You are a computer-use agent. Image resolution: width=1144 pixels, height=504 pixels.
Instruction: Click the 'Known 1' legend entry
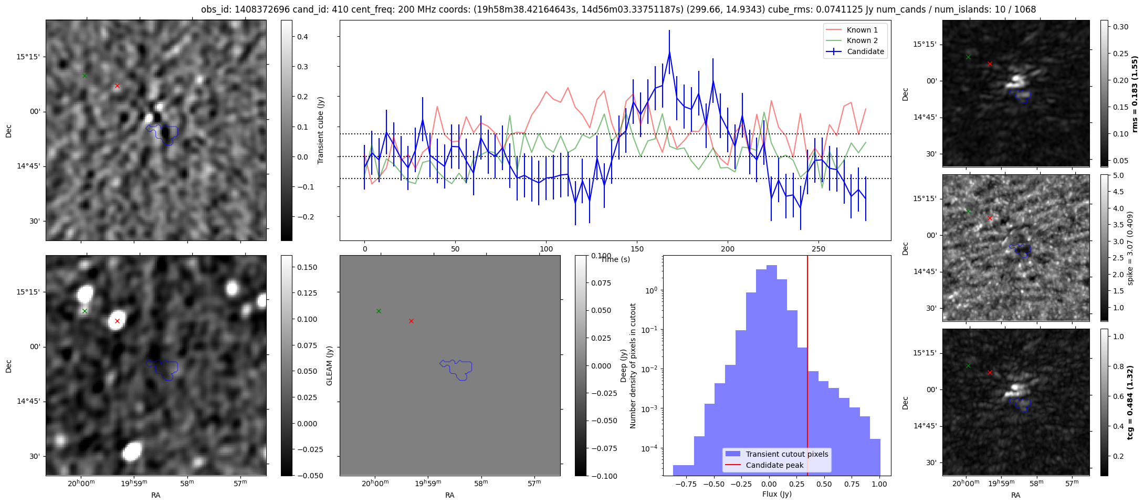[862, 30]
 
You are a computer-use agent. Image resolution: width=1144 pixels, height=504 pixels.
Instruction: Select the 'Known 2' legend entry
[862, 40]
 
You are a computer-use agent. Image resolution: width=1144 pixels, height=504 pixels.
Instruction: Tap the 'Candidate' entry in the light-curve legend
[865, 51]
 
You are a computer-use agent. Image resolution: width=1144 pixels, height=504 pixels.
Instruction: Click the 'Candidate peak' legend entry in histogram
[774, 465]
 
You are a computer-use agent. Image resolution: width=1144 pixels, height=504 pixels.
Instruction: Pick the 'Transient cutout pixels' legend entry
[786, 454]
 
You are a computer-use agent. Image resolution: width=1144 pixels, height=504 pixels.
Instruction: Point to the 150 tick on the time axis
[637, 249]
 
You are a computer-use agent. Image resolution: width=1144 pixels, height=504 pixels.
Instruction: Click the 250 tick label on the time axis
[818, 249]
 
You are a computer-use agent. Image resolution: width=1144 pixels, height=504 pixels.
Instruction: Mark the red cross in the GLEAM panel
[411, 321]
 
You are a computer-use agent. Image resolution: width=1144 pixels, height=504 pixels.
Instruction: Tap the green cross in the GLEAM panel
[379, 311]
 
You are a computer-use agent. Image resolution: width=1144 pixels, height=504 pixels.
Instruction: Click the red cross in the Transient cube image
[117, 86]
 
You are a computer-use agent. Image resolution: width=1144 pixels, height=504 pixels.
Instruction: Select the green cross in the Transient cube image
[85, 76]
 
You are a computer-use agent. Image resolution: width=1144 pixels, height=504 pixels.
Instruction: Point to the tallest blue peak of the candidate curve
[669, 52]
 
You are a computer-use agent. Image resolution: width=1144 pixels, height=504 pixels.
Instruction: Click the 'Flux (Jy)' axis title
[776, 494]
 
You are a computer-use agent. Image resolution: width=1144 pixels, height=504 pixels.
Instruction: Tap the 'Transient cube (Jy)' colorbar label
[321, 130]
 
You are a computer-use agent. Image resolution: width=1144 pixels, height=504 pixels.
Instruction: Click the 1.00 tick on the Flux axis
[879, 484]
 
